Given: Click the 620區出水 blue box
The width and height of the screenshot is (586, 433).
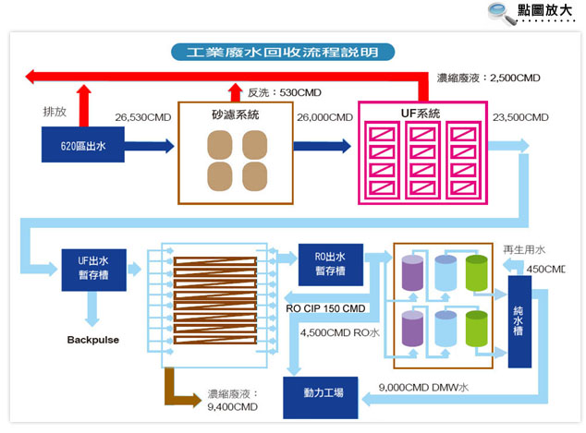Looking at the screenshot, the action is [x=83, y=144].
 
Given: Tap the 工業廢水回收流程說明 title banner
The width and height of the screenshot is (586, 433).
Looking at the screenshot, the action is [x=283, y=52].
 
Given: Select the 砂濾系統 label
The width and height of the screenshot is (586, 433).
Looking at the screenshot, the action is [x=235, y=114].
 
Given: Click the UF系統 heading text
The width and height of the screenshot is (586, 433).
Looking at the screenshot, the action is [x=421, y=114].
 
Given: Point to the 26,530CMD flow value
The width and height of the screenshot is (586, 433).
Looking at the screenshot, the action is [x=142, y=117].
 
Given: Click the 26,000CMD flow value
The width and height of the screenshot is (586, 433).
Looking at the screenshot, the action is [x=324, y=117].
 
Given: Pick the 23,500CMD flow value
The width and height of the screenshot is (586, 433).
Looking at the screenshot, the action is [x=520, y=117].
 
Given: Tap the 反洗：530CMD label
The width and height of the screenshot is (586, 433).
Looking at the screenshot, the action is [x=285, y=92].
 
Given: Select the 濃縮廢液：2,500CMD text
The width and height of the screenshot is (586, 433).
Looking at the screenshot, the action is [x=488, y=78].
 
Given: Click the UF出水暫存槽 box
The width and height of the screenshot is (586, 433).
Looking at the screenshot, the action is [x=93, y=270].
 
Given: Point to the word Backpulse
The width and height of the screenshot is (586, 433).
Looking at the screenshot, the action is [x=93, y=340].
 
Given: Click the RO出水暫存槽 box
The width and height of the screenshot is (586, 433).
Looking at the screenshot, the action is [x=330, y=265].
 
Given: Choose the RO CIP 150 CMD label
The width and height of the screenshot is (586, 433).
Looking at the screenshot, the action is [x=325, y=308].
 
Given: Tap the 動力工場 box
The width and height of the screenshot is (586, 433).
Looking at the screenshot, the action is [x=321, y=398].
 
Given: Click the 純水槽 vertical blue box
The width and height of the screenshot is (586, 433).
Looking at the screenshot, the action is [x=519, y=322].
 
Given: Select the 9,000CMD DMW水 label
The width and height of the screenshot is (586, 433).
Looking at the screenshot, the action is [x=423, y=387].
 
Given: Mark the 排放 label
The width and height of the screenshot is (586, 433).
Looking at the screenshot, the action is [x=55, y=111].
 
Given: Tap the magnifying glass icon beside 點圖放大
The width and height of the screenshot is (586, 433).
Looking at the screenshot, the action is [x=502, y=13].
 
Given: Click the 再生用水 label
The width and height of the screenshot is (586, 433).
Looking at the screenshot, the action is [x=524, y=249].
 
